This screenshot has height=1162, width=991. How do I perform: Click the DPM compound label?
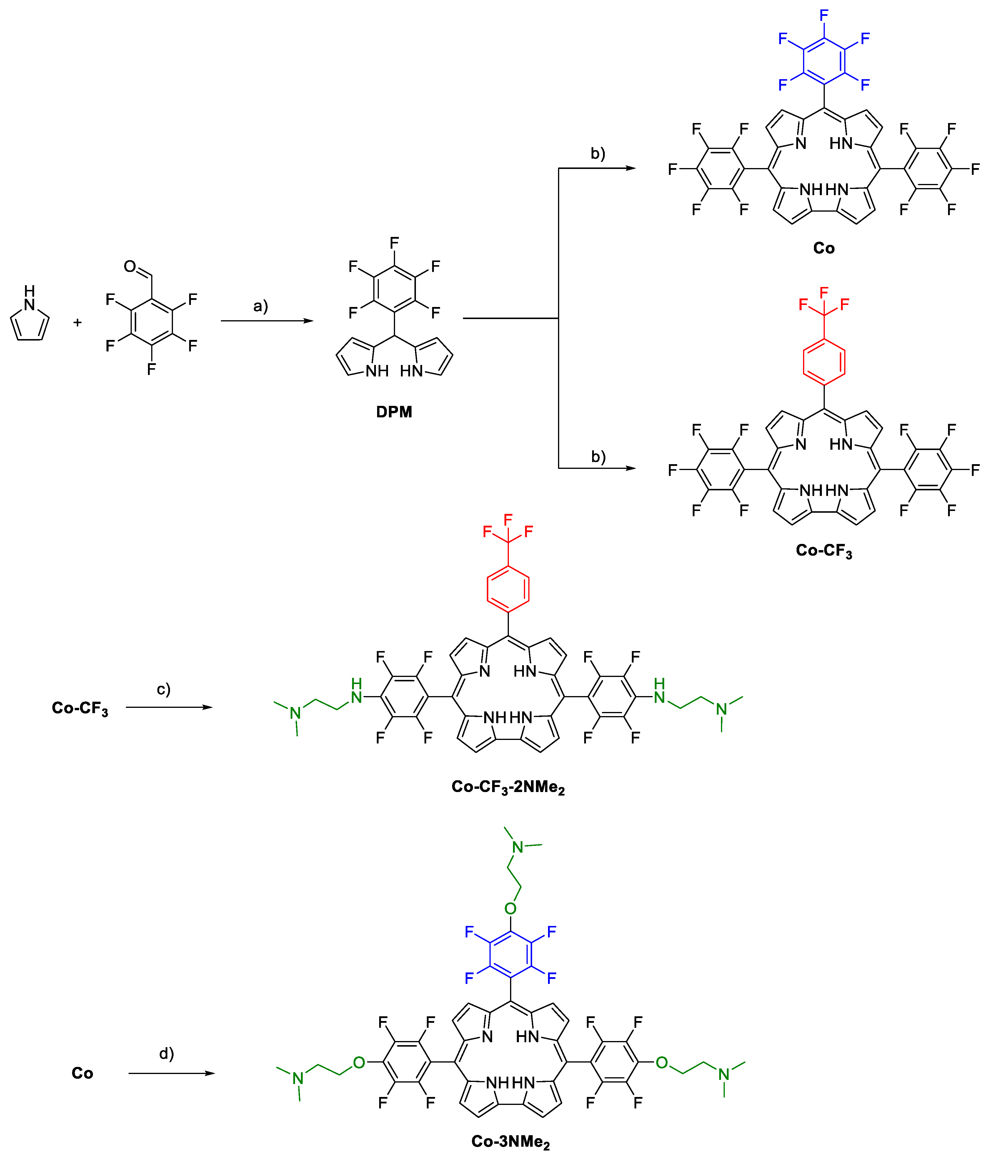[394, 412]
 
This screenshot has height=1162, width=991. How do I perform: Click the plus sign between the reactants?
[77, 323]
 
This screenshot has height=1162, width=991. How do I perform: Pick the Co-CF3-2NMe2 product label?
[508, 787]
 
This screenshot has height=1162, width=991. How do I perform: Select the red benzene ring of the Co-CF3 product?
[824, 362]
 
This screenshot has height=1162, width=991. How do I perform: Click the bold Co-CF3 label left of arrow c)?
[80, 708]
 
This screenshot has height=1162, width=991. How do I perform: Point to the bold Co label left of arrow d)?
[82, 1073]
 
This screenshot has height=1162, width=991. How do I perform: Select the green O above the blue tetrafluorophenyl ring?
[510, 909]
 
